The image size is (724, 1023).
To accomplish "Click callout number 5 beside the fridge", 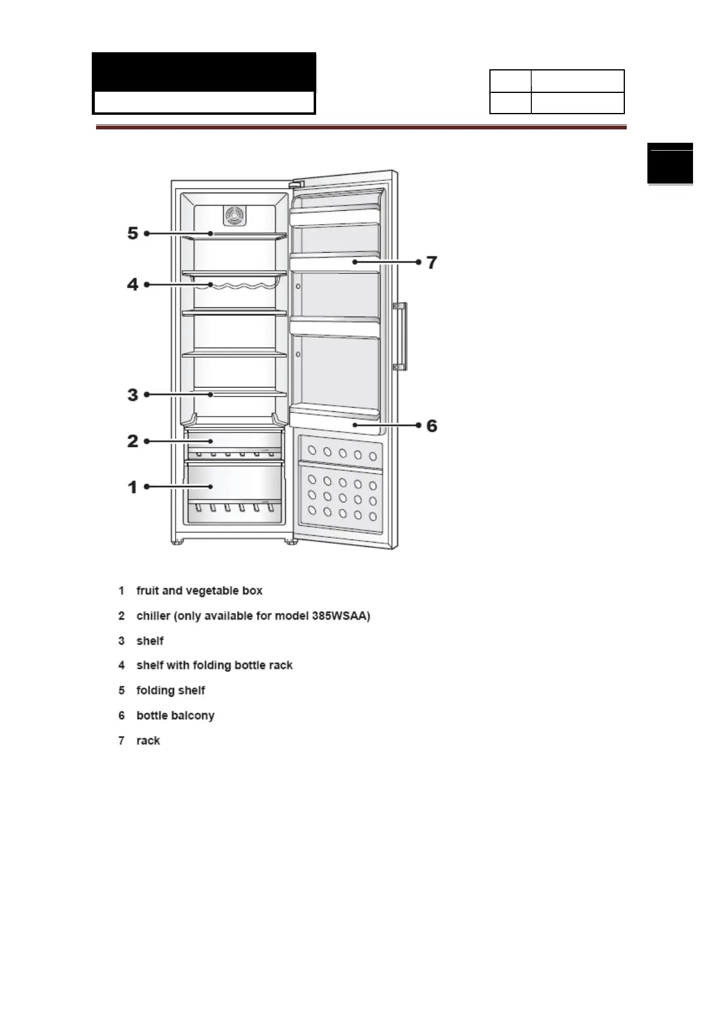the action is click(x=133, y=233).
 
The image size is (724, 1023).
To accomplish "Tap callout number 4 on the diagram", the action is click(x=133, y=284).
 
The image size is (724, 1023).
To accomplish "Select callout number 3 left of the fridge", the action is click(x=133, y=395).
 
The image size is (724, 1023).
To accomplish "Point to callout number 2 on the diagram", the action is click(x=133, y=441).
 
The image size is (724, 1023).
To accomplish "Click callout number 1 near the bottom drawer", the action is click(x=133, y=487).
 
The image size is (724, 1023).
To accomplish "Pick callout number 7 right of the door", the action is click(x=432, y=262).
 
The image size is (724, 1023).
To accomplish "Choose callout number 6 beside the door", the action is click(x=432, y=426).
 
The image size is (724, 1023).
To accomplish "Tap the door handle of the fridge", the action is click(x=400, y=336).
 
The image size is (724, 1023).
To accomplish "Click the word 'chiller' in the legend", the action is click(x=153, y=616).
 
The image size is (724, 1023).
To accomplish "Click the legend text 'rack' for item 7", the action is click(x=148, y=741).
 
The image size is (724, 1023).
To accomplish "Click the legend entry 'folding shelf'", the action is click(x=171, y=691).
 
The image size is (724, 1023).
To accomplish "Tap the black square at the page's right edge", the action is click(x=670, y=163).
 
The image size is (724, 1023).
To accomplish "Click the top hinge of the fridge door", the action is click(x=295, y=183).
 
